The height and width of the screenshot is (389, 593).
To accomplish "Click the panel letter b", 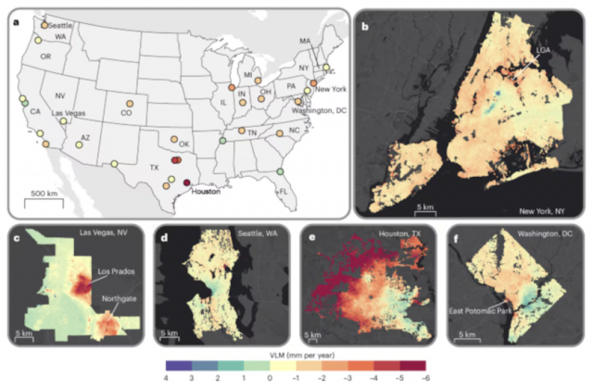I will pos(365,26).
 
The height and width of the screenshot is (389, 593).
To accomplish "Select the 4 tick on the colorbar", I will pos(165,377).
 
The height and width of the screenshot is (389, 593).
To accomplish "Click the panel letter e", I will pos(309,237).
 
